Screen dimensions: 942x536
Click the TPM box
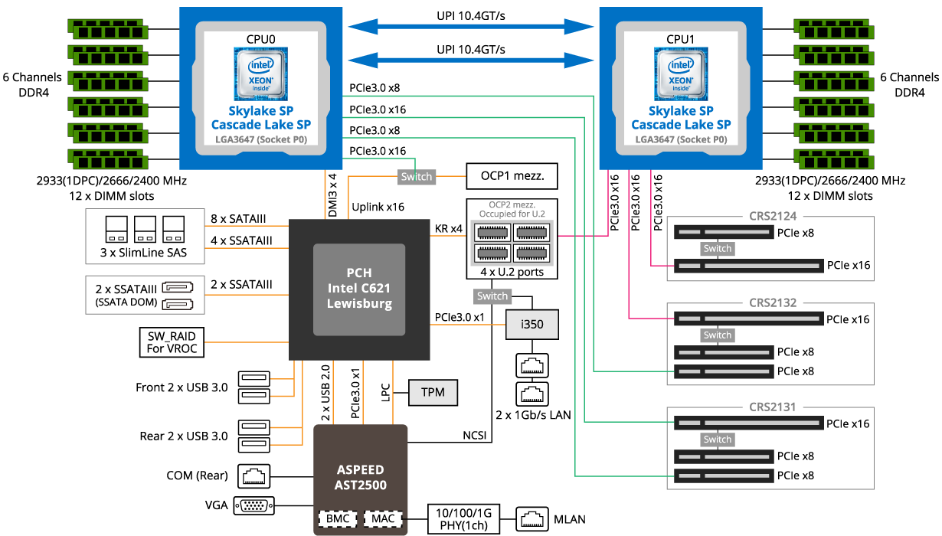point(433,393)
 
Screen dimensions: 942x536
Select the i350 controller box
point(532,325)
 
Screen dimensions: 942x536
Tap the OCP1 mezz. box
point(512,176)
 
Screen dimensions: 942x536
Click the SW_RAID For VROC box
point(172,342)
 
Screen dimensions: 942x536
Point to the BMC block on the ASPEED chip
point(338,518)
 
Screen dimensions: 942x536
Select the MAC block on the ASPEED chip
point(383,518)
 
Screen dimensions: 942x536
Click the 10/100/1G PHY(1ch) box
point(463,519)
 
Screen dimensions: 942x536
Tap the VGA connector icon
point(253,505)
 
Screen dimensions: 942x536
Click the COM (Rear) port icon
point(253,476)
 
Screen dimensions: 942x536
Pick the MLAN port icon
point(532,518)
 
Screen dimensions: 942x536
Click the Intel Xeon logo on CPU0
point(260,74)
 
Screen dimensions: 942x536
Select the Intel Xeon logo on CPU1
point(681,74)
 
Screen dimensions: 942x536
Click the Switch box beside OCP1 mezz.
point(417,177)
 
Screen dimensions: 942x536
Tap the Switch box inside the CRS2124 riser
point(718,248)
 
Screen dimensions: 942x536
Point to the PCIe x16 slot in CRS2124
point(748,266)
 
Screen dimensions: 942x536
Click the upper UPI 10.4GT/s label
point(470,16)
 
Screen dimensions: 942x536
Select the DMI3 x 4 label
point(332,195)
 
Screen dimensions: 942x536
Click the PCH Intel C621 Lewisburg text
point(359,288)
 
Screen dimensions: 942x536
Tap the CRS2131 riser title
point(773,407)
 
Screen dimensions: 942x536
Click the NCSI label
point(474,436)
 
